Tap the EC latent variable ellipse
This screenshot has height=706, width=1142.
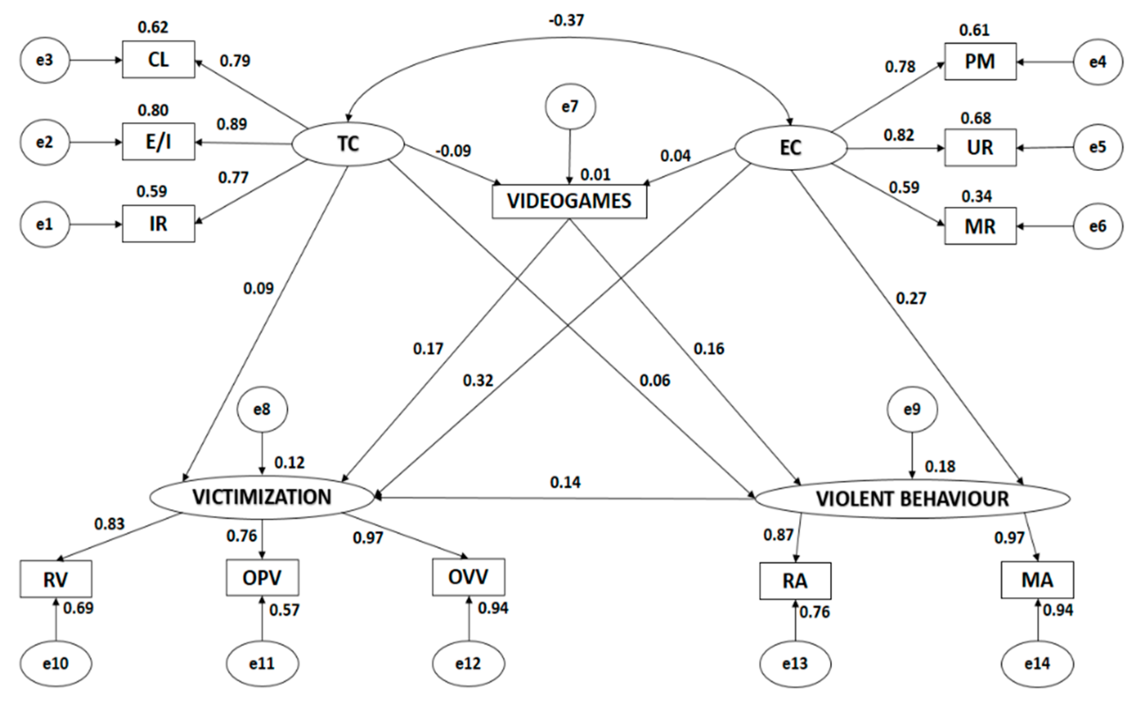tap(791, 147)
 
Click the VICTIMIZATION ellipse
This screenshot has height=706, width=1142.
tap(262, 497)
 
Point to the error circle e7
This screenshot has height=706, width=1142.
tap(570, 107)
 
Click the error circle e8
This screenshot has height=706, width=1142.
tap(262, 410)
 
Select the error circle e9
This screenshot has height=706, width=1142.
tap(912, 410)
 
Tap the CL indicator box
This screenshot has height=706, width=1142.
tap(158, 60)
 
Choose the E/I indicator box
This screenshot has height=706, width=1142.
tap(158, 142)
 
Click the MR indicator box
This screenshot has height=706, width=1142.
tap(980, 227)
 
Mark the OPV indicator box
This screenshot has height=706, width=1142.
tap(262, 578)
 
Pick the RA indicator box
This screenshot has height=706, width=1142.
tap(795, 581)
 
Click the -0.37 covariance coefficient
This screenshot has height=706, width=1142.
tap(566, 20)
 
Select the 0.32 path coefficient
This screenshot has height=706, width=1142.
tap(478, 381)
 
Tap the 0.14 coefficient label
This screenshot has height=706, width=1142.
tap(565, 482)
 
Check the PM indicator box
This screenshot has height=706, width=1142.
tap(980, 62)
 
